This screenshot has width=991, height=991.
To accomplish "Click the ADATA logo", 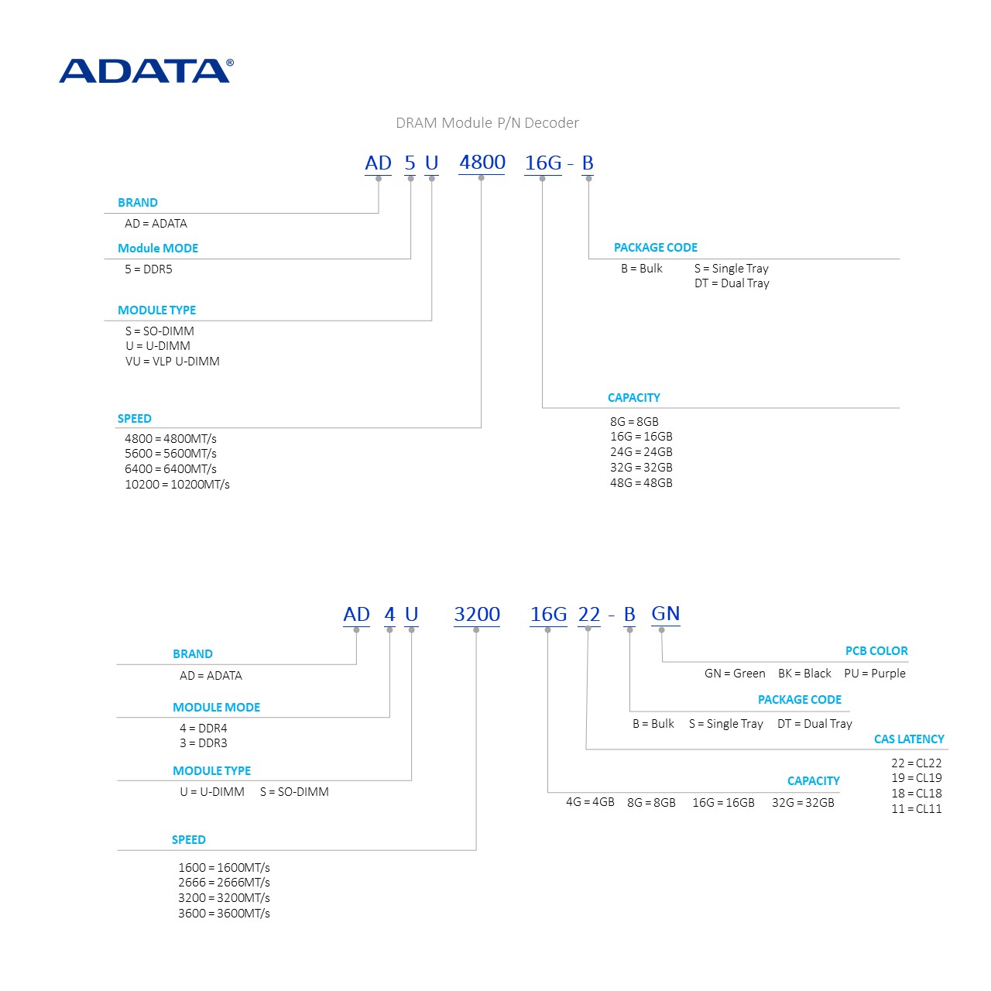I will (x=146, y=70).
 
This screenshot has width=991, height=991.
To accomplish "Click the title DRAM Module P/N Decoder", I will (x=487, y=122).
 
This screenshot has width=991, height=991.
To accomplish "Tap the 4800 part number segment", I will (x=482, y=163).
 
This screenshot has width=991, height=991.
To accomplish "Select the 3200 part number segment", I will (x=477, y=615).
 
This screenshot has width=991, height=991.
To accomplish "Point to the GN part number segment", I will (x=666, y=614).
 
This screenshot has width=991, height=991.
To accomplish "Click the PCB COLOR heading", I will (x=876, y=651).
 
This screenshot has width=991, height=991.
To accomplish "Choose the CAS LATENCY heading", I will (x=909, y=739).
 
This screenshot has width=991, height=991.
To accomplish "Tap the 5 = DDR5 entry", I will (x=149, y=269).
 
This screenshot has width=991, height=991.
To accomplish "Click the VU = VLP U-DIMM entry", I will (x=173, y=362).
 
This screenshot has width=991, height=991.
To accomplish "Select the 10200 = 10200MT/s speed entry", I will (x=177, y=485).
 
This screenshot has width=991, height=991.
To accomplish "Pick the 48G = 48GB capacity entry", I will (x=641, y=483).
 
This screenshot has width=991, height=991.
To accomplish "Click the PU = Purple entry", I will (x=875, y=674).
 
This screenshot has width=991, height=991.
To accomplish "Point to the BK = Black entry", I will (x=804, y=674).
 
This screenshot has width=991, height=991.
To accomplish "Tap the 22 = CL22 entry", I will (x=917, y=763).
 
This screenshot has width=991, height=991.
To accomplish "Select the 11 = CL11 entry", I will (x=917, y=809).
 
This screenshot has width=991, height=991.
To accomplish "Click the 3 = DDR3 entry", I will (x=204, y=743).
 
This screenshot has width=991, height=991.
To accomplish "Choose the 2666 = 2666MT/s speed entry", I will (x=224, y=883).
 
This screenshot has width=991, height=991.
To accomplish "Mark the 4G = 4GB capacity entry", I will (x=590, y=802).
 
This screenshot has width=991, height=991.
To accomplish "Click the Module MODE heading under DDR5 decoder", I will (x=158, y=249).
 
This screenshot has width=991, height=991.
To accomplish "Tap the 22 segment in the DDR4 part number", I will (x=589, y=615).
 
